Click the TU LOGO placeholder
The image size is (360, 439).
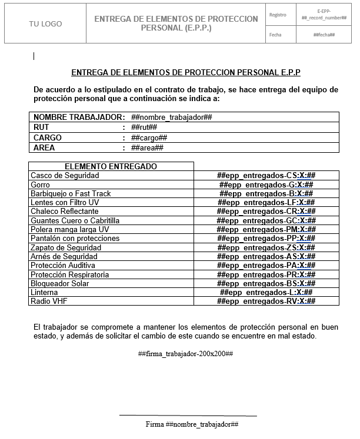coord(45,24)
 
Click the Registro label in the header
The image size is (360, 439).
coord(278,14)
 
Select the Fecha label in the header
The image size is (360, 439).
coord(275,35)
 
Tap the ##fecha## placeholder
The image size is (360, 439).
coord(324,35)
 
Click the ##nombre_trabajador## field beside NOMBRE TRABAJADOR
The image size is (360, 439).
coord(172,117)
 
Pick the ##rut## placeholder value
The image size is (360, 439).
coord(144,128)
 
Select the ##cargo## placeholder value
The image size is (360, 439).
coord(149,138)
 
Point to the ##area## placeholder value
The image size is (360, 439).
coord(147,148)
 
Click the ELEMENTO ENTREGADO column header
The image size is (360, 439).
coord(111,166)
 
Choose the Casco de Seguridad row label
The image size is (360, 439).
coord(65,176)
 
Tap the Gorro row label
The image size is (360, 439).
coord(40,185)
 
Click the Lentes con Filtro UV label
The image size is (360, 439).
coord(65,203)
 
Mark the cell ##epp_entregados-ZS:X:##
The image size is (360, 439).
coord(266,248)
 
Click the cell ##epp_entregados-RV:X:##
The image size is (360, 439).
coord(266,301)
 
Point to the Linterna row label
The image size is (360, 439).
coord(44,293)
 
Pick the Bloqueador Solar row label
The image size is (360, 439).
coord(61,284)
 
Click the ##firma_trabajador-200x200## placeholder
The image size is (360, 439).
coord(186,354)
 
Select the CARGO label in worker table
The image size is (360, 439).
coord(48,138)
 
